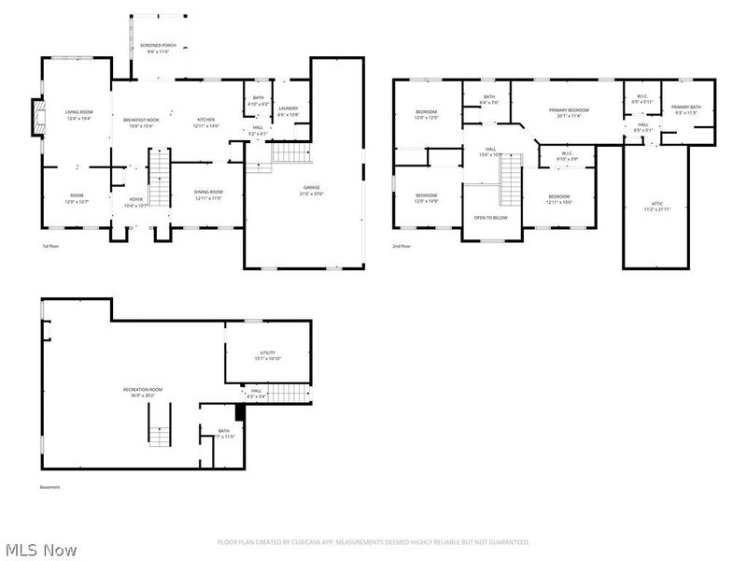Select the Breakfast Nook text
(141, 122)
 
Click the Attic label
(656, 206)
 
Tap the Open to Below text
(490, 217)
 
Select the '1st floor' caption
(51, 247)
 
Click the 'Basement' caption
(49, 487)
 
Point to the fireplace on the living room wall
(37, 117)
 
